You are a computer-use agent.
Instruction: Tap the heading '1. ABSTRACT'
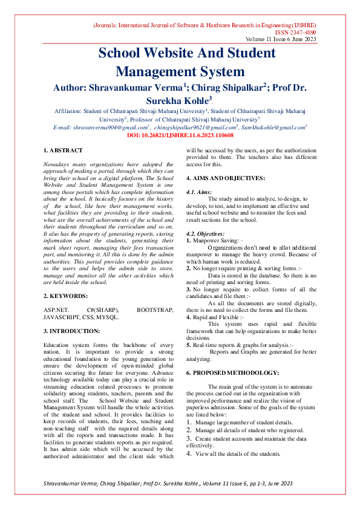[64, 150]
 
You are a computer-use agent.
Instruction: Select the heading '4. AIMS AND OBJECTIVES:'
[225, 178]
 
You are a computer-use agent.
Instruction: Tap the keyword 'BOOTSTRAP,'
[155, 310]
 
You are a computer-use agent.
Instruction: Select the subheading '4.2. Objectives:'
[205, 233]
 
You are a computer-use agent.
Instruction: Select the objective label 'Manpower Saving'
[215, 240]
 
